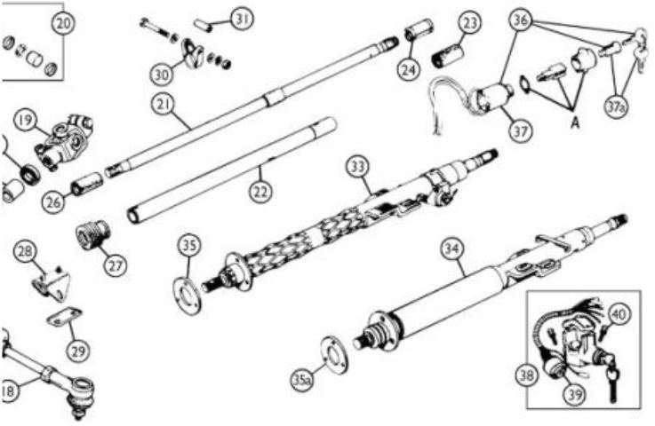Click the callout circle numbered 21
tap(164, 105)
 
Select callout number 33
tap(357, 167)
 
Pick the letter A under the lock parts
tap(576, 122)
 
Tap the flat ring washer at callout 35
tap(188, 294)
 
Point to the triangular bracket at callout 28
tap(51, 283)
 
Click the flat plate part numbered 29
tap(64, 316)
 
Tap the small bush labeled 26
tap(87, 184)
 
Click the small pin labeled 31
tap(204, 24)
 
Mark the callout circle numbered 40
tap(619, 314)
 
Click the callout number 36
tap(521, 20)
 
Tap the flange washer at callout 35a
tap(334, 355)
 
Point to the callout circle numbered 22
tap(260, 192)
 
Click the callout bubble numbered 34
tap(452, 249)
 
